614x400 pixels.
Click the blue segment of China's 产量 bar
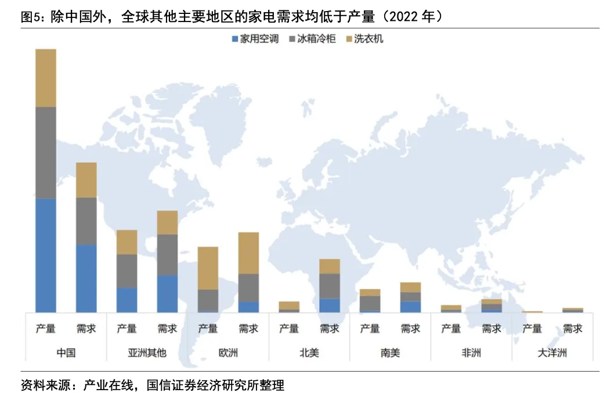click(46, 255)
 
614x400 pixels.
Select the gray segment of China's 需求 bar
click(86, 221)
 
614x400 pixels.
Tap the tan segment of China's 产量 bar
click(46, 78)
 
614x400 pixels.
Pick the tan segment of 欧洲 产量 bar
click(208, 268)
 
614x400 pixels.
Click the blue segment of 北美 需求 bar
click(330, 305)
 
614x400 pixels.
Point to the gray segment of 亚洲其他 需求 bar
click(167, 254)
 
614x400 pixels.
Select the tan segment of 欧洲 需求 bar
click(248, 253)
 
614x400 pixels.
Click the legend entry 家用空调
click(255, 39)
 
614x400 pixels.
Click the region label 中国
click(66, 352)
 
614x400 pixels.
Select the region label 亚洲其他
click(147, 352)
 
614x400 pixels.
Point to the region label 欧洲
click(228, 352)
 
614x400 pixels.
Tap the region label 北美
click(309, 352)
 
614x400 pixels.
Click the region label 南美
click(390, 352)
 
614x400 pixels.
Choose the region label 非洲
click(471, 352)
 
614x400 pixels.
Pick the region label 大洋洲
click(552, 352)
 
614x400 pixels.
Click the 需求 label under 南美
click(410, 329)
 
